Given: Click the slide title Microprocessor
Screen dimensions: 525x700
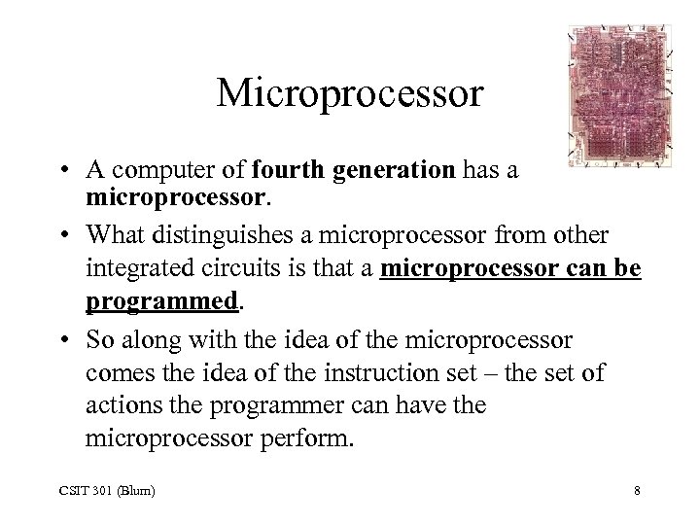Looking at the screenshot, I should (350, 94).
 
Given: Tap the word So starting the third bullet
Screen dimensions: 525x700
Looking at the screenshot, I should (100, 341).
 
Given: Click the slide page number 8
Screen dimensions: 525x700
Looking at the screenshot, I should (636, 491).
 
